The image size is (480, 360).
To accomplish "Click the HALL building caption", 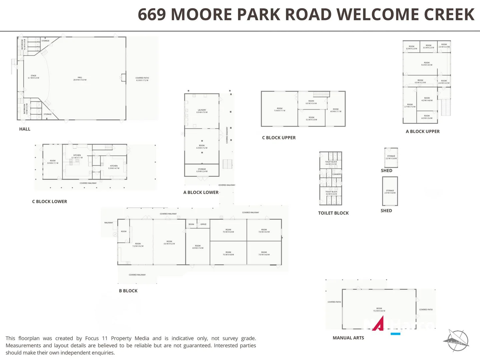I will pos(25,129).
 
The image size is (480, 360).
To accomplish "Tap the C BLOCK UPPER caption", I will pos(279,138).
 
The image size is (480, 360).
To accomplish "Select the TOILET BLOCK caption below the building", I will pos(333,213).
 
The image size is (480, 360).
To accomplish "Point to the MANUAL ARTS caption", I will pos(348,338).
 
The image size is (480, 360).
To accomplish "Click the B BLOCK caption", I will pos(128,291).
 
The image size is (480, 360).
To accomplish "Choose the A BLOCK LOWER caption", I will pos(201,192).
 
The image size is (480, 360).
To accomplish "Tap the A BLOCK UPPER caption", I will pos(423,131).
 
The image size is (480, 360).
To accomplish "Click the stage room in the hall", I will pos(33,77).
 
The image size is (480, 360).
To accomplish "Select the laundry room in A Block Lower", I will pos(202,111).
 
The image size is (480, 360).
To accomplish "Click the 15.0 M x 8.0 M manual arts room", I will pos(379,309).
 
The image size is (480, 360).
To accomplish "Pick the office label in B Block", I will pos(203,224).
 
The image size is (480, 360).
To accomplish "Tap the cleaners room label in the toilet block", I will pos(336,174).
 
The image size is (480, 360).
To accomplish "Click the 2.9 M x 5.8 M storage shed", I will pos(390,192).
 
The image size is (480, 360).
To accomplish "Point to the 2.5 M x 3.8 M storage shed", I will pos(391,157).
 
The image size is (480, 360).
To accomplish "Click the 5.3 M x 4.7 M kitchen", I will pos(114,167).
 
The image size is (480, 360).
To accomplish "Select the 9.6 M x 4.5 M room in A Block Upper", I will pos(427,64).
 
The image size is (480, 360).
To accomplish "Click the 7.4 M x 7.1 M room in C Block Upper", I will pos(279,109).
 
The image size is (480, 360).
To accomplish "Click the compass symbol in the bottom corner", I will pos(457,341).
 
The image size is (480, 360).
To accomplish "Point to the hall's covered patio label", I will pos(142,79).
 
